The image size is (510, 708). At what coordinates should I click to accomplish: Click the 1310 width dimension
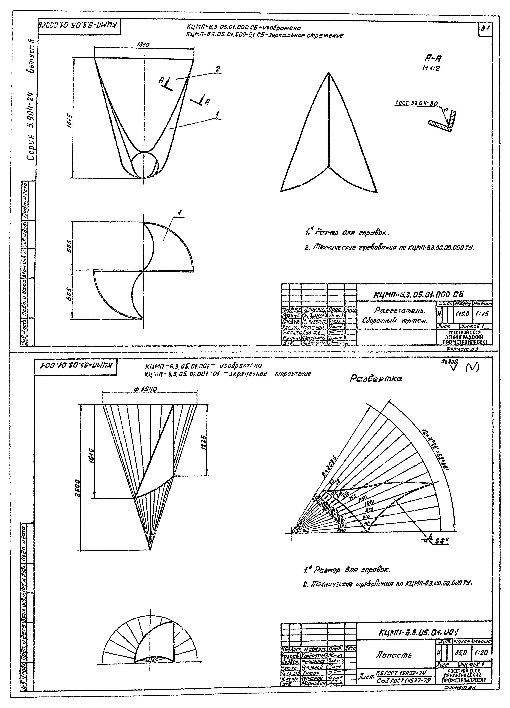tap(143, 45)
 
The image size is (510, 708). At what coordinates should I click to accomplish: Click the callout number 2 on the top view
tap(218, 69)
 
